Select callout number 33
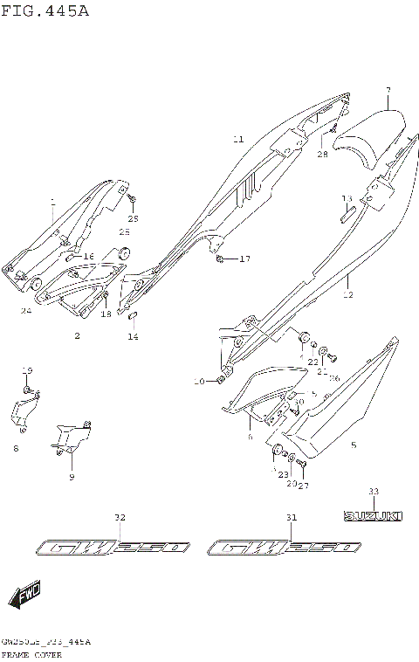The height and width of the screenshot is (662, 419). coord(373,491)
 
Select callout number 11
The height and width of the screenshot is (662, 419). coord(237,140)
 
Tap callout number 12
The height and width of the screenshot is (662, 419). coord(348,295)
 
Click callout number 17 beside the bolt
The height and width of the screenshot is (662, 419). coord(244,259)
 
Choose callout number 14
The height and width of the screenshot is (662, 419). coord(134,336)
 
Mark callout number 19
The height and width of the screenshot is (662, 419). coord(26,370)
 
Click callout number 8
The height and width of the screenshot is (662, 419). coord(16,449)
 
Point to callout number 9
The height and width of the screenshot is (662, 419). coord(72,477)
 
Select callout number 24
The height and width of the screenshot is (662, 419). coord(26,311)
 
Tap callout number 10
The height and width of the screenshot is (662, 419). coord(199,381)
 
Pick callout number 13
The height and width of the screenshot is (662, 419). coord(347,198)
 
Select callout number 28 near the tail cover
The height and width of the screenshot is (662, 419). coord(322,155)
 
